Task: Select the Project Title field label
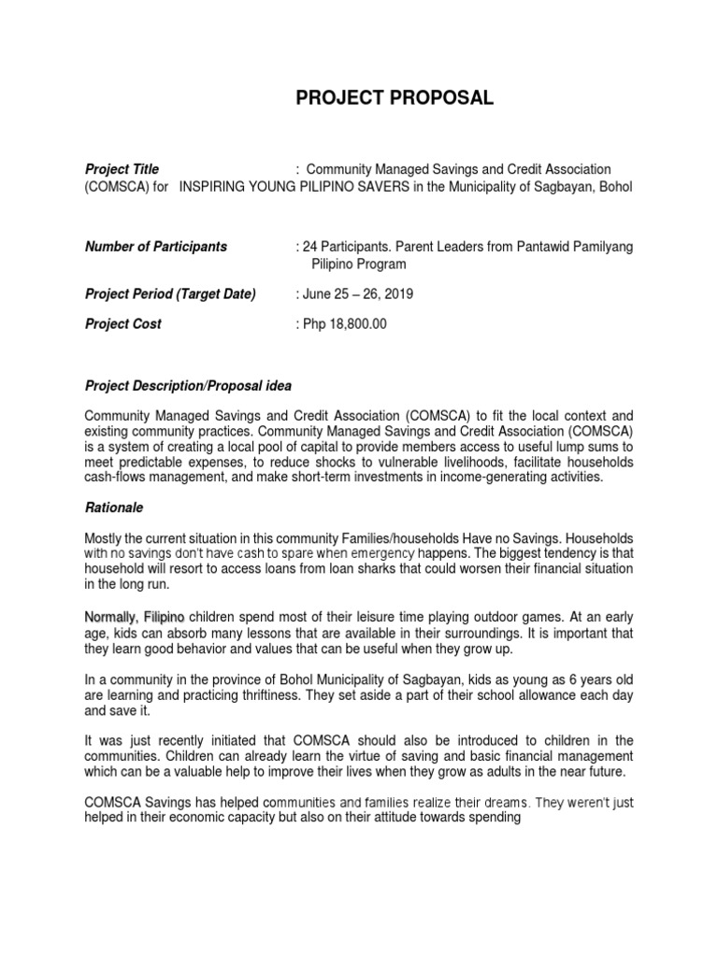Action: coord(122,169)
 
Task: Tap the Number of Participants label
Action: coord(156,247)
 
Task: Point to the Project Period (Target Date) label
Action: coord(170,293)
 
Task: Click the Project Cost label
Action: coord(123,323)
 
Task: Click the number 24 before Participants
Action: coord(308,247)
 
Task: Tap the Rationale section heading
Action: coord(113,507)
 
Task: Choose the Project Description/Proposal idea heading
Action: coord(188,385)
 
